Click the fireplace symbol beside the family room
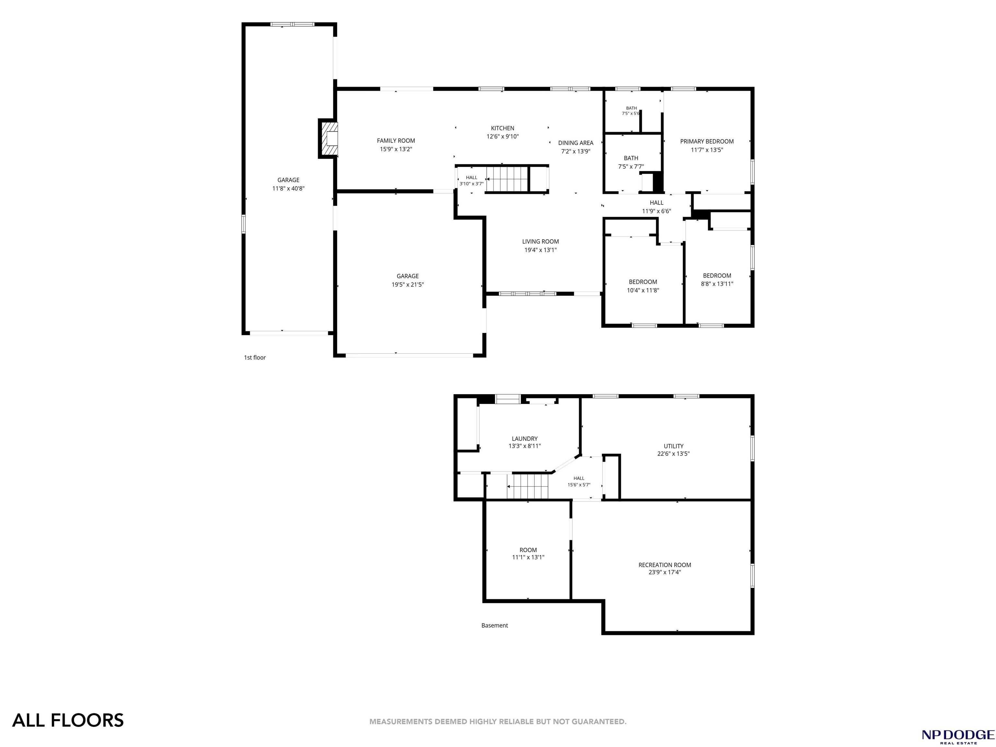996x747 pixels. (x=328, y=139)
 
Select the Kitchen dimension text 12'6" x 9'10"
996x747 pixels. (x=503, y=136)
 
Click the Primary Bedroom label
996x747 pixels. (x=706, y=141)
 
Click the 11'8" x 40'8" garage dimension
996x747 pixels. (x=288, y=189)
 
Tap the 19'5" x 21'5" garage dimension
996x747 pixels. (x=408, y=285)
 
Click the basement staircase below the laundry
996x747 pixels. (x=528, y=486)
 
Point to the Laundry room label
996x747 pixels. (x=525, y=439)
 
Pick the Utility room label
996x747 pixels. (x=674, y=446)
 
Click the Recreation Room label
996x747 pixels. (x=665, y=565)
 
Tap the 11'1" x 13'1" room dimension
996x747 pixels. (x=528, y=557)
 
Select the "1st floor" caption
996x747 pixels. (x=255, y=358)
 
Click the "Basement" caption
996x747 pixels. (x=494, y=625)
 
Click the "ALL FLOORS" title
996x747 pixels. (x=68, y=720)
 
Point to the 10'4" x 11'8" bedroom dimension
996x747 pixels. (x=643, y=290)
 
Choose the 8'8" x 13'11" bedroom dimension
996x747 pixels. (x=717, y=284)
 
